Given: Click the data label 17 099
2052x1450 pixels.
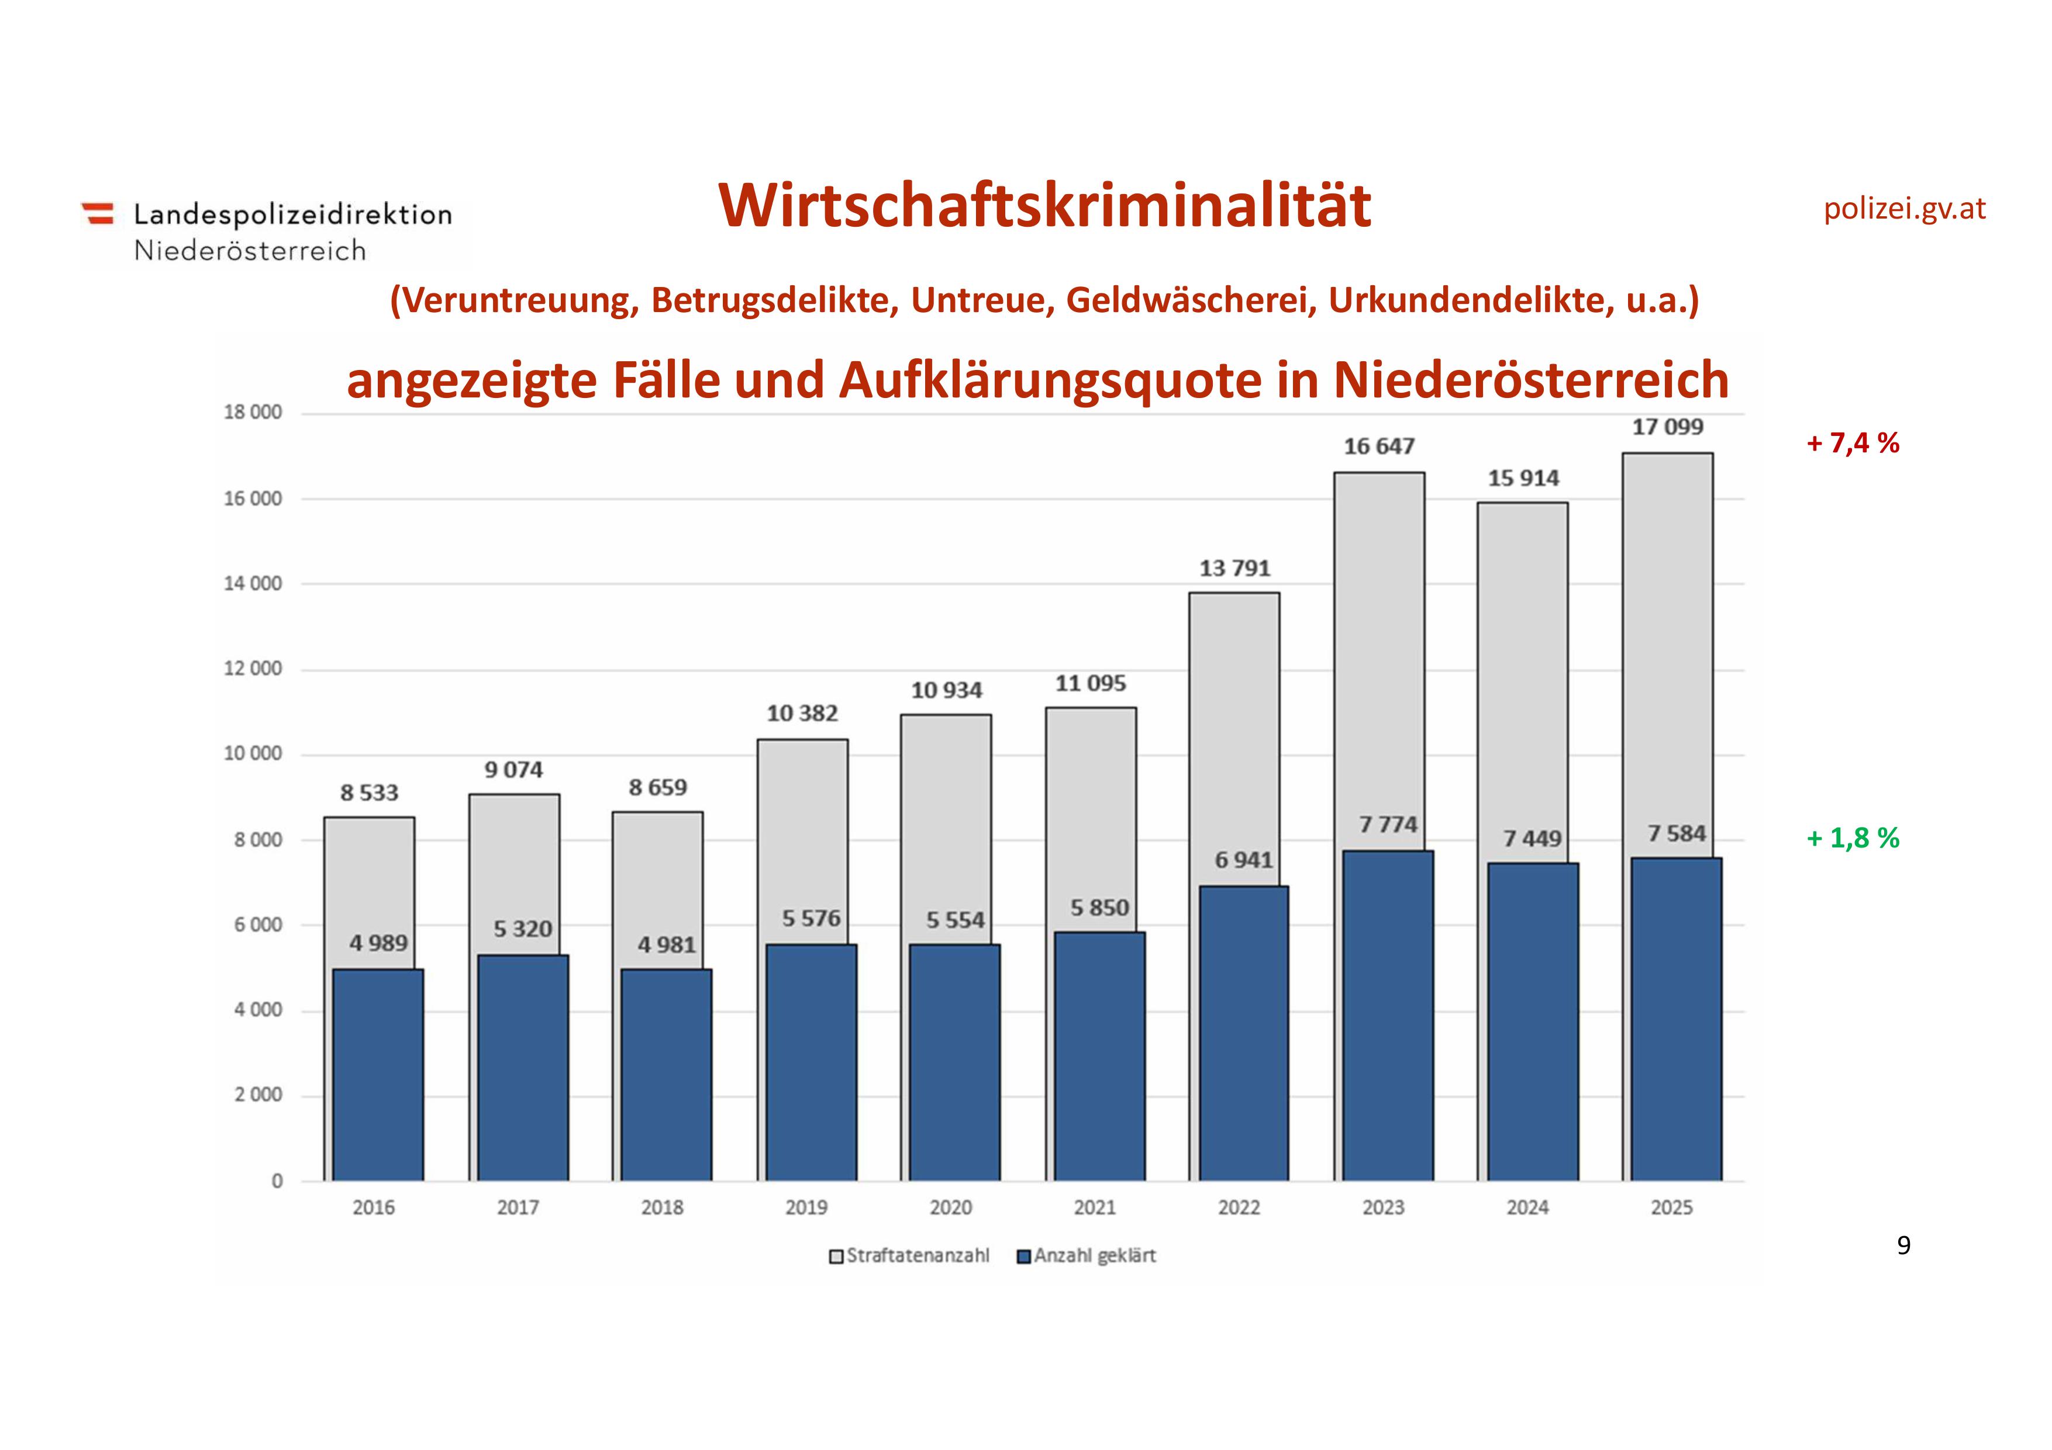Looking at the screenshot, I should click(x=1668, y=427).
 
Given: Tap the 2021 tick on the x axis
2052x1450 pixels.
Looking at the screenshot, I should click(x=1095, y=1208).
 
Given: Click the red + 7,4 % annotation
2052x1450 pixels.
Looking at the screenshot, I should click(x=1853, y=443).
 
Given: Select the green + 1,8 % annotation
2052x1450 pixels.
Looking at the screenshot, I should click(x=1853, y=838).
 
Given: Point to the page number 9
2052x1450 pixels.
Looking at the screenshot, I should click(x=1903, y=1245).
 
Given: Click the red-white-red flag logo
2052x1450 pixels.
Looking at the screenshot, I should click(x=98, y=213).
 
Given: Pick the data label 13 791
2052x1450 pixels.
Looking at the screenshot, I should click(x=1234, y=568).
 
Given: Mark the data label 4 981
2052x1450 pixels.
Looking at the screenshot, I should click(x=667, y=945).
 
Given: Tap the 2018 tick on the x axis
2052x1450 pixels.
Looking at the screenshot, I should click(x=662, y=1208).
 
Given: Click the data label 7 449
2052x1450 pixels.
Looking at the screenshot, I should click(x=1532, y=839).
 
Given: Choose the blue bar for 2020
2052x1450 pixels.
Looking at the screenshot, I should click(x=954, y=1063).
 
